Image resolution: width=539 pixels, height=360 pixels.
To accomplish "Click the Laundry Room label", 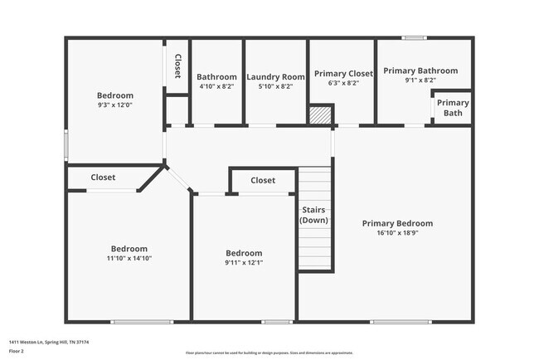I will (276, 77).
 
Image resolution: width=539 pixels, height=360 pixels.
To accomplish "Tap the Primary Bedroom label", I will (397, 223).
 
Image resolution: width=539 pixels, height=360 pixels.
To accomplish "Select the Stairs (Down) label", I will (314, 215).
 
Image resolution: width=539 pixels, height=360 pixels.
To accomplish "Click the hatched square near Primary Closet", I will (320, 114).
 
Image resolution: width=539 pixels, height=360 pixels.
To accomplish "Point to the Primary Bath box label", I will (453, 108).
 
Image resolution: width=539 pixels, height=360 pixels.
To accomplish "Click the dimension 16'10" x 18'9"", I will (397, 233).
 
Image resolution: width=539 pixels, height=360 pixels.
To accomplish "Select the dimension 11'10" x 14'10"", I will (129, 258).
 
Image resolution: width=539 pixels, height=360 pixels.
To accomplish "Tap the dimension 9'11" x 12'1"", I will (244, 263).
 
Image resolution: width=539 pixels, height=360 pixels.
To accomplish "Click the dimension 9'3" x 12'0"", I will (114, 105).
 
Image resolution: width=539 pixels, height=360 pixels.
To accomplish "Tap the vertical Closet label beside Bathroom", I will (177, 66).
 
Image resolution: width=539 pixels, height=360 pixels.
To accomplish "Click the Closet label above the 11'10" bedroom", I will (103, 178).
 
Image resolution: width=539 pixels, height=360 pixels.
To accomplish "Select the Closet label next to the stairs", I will (263, 180).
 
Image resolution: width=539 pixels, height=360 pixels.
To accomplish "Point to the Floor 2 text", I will (17, 351).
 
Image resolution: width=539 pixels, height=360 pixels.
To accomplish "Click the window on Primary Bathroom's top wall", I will (414, 37).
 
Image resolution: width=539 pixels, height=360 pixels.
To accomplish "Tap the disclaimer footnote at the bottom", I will (269, 352).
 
